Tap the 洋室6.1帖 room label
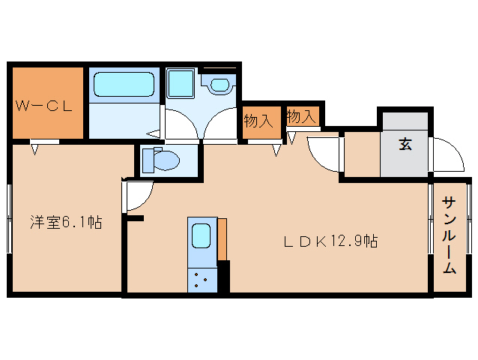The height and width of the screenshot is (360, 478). coord(66,222)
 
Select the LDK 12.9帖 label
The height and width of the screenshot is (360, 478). coord(330,241)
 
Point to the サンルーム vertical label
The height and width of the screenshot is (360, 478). coord(450,235)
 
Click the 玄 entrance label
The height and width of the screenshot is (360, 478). coord(405,145)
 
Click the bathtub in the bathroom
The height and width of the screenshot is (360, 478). coord(124,85)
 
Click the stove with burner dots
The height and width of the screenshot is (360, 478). coord(202,281)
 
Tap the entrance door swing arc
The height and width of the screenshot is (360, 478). coord(447,156)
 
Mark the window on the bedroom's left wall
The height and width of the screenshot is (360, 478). coord(9,217)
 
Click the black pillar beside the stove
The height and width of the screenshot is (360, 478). coord(223,277)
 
